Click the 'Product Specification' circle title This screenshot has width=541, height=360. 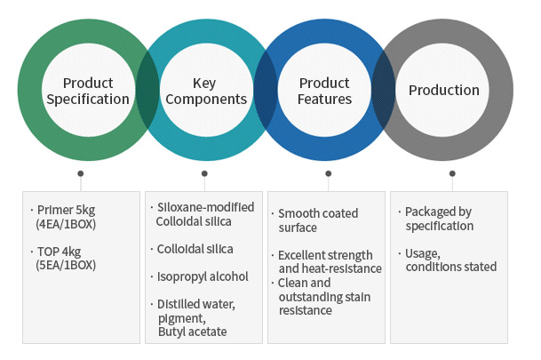pos(88,92)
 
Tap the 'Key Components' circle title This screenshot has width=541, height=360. pos(206,92)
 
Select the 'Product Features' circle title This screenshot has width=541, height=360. pos(324,92)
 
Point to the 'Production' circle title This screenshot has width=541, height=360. pos(444,91)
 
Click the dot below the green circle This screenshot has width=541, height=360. pos(81,173)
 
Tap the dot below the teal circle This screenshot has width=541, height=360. pos(204,173)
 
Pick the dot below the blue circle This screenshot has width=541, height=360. pos(329,173)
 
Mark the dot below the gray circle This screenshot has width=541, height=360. pos(452,173)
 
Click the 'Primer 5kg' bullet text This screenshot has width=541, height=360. pos(66,210)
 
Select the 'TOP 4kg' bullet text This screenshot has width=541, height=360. pos(59,252)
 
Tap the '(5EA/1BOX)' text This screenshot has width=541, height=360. pos(66,265)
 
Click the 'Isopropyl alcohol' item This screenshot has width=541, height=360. pos(203,276)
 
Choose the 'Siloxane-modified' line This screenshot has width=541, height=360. pos(205,207)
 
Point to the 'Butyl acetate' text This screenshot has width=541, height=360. pos(193,332)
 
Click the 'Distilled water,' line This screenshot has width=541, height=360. pos(196,304)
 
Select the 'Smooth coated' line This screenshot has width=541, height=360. pos(318,213)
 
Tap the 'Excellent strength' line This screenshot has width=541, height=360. pos(325,255)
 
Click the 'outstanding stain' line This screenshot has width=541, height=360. pos(324,297)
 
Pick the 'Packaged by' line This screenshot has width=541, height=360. pos(438,212)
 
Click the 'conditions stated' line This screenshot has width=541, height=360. pos(451,267)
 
